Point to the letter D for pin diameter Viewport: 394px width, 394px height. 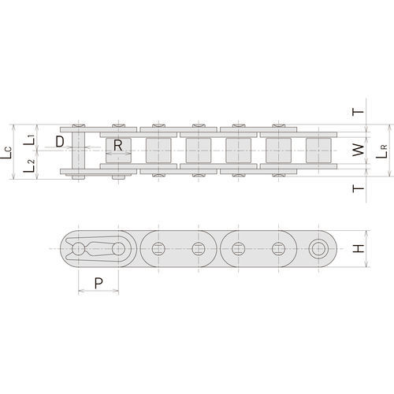tap(60, 142)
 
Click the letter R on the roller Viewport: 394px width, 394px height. tap(117, 145)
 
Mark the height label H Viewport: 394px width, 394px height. tap(358, 249)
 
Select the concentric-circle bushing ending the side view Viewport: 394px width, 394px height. tap(319, 249)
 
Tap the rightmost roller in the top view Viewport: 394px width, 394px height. tap(318, 151)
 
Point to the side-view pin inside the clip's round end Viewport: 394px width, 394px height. tap(77, 249)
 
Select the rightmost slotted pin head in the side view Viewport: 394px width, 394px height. tap(278, 249)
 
